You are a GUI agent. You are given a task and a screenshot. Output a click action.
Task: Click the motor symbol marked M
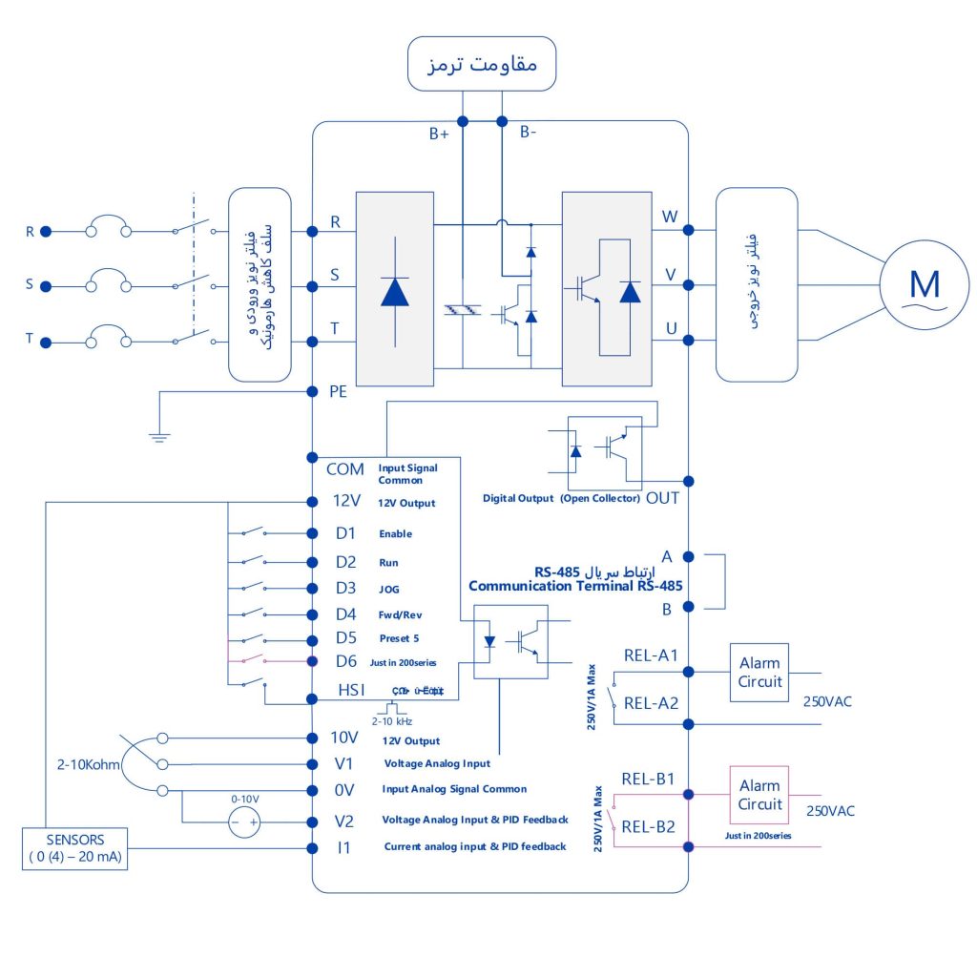pyautogui.click(x=925, y=284)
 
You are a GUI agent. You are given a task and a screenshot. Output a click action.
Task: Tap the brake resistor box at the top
pyautogui.click(x=482, y=64)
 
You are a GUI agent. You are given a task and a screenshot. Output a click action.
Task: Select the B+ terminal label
pyautogui.click(x=439, y=135)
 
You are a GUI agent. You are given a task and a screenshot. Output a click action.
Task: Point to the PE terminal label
pyautogui.click(x=339, y=391)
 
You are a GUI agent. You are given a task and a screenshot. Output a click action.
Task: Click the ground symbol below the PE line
pyautogui.click(x=159, y=437)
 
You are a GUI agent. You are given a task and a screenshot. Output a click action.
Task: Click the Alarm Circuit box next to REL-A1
pyautogui.click(x=759, y=672)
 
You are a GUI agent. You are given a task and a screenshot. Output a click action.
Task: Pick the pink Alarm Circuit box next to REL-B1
pyautogui.click(x=759, y=795)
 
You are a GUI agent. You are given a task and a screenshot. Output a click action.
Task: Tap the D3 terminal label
pyautogui.click(x=345, y=587)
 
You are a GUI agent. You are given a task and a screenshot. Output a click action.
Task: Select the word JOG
pyautogui.click(x=390, y=588)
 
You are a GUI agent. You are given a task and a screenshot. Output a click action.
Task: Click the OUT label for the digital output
pyautogui.click(x=662, y=497)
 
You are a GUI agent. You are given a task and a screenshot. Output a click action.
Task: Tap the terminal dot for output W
pyautogui.click(x=688, y=229)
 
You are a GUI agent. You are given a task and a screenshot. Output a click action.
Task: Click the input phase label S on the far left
pyautogui.click(x=29, y=285)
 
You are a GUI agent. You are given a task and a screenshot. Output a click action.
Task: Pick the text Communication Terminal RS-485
pyautogui.click(x=575, y=586)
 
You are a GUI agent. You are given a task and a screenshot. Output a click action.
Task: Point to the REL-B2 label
pyautogui.click(x=650, y=827)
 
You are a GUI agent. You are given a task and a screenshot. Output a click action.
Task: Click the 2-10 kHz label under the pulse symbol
pyautogui.click(x=390, y=722)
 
